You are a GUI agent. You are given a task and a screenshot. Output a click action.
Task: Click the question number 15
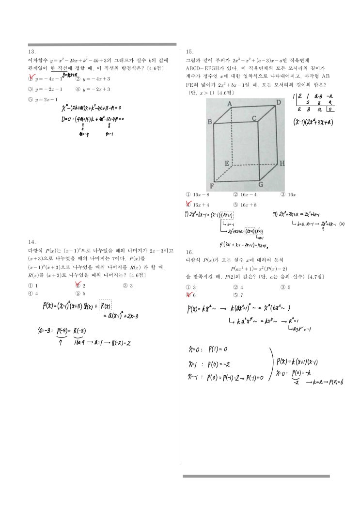(189, 51)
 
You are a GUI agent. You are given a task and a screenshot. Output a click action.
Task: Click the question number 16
(189, 252)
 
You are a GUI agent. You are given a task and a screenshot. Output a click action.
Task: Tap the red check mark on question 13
(32, 78)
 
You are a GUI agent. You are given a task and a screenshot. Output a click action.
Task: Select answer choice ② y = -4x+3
(93, 79)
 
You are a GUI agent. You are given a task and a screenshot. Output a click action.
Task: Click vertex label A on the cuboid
(230, 103)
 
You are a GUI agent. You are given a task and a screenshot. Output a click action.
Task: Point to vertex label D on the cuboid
(278, 103)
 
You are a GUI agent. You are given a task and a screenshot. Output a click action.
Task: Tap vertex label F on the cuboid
(211, 186)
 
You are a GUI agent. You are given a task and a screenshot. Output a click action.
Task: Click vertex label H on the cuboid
(282, 163)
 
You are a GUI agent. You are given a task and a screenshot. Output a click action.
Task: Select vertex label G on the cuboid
(260, 184)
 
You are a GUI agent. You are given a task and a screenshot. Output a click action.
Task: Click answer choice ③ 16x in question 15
(288, 194)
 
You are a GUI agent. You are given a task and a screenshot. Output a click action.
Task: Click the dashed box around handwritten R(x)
(105, 305)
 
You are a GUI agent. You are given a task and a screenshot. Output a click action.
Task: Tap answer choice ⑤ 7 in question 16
(238, 295)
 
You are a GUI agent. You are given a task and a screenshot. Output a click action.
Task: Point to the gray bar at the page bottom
(256, 477)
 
